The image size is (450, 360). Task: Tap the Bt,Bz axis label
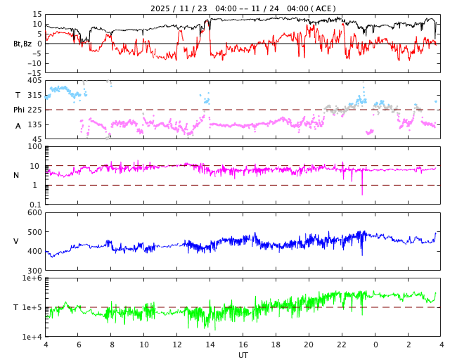22,44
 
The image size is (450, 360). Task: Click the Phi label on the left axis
20,110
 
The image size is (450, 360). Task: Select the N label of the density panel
16,175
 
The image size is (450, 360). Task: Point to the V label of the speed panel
16,241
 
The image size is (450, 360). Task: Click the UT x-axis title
243,355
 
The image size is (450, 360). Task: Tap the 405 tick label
34,81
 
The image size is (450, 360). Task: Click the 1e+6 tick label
32,278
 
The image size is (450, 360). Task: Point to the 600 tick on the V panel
34,213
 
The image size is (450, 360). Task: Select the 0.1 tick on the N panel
35,204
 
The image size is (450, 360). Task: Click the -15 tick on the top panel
33,72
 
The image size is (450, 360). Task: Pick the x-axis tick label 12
177,345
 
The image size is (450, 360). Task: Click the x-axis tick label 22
342,345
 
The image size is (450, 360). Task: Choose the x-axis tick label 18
276,345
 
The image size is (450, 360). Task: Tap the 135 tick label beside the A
34,124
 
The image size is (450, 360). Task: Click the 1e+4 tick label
32,337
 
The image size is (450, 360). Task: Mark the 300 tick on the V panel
34,271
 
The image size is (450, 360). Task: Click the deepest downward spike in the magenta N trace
362,193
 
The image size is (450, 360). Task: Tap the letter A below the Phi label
18,126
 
